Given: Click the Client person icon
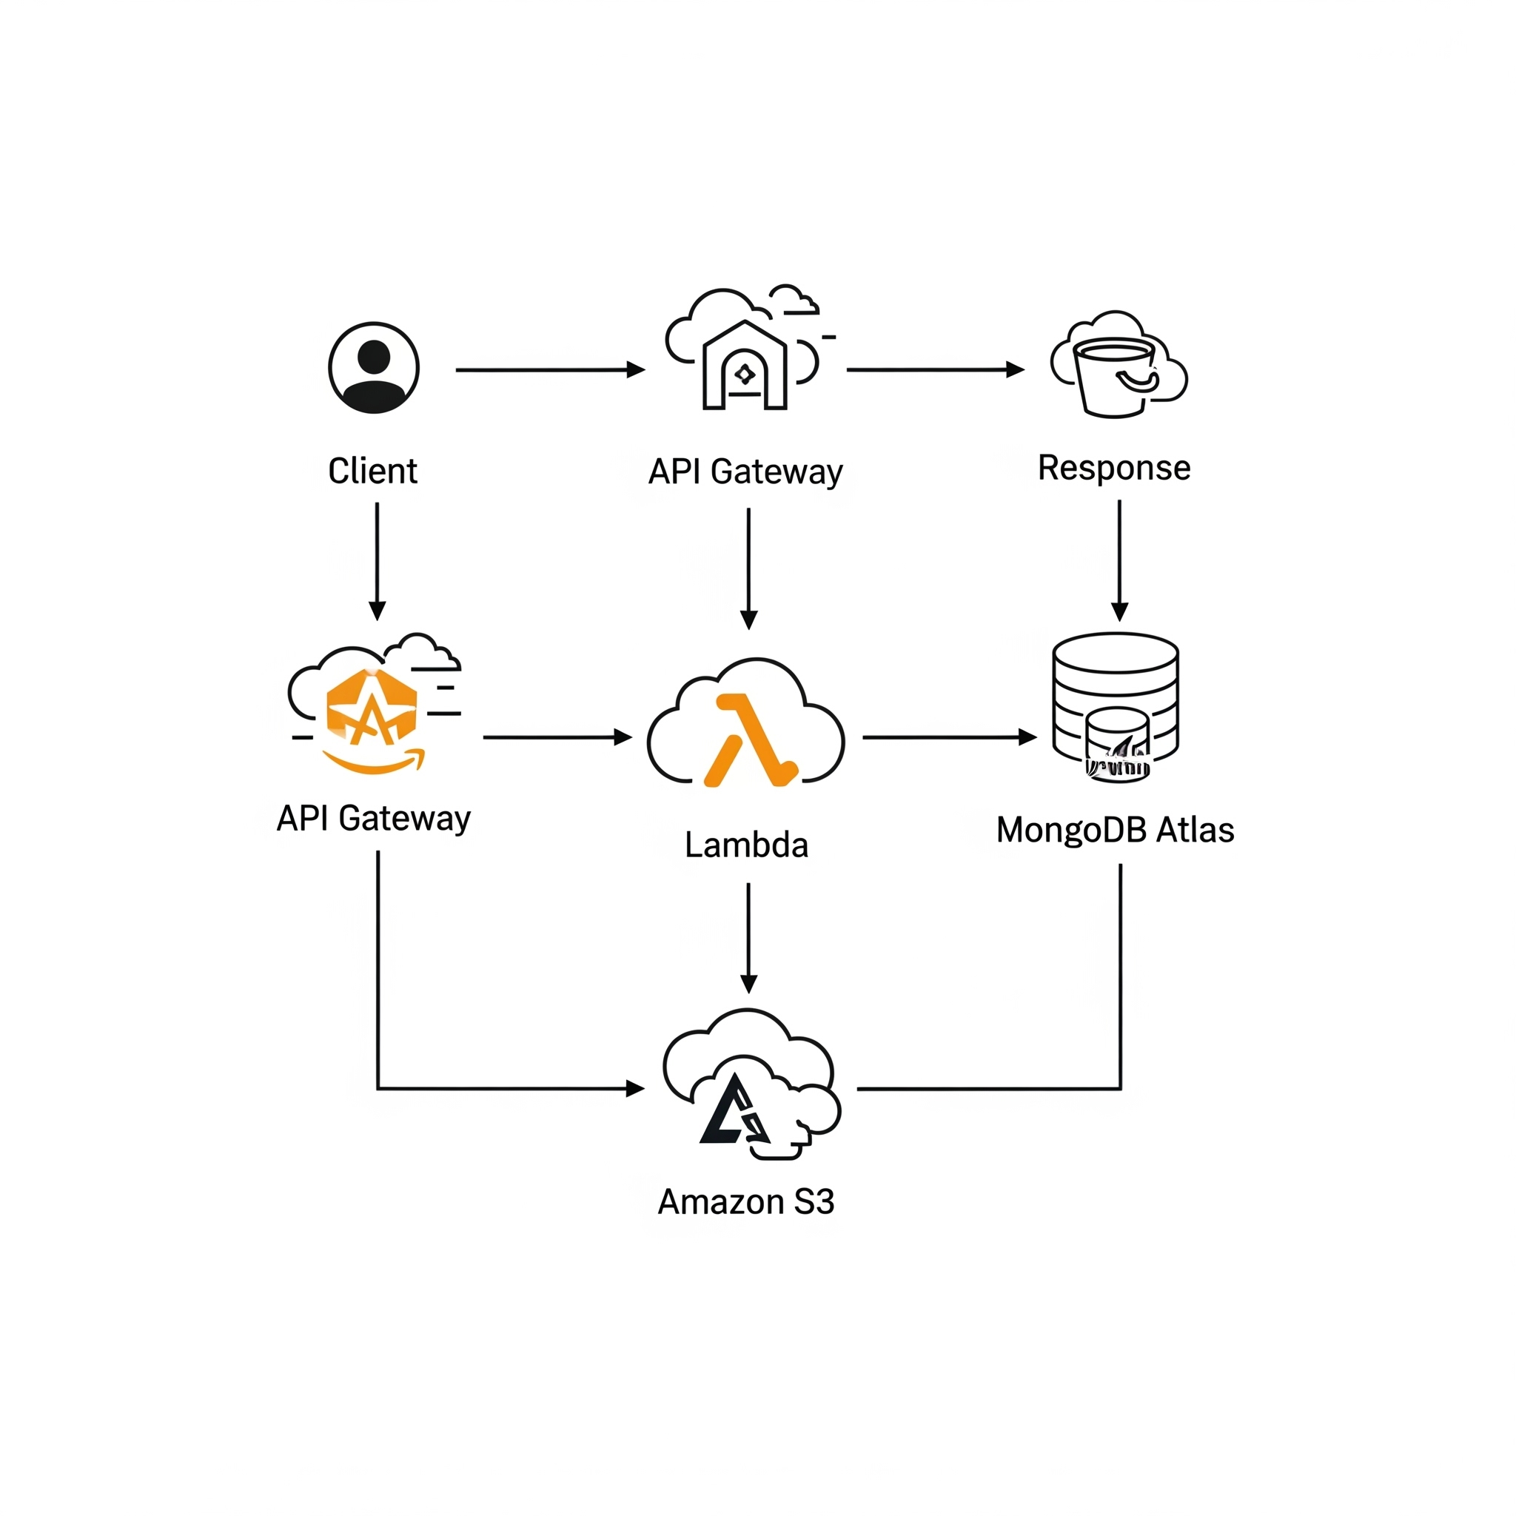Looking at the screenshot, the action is pyautogui.click(x=374, y=367).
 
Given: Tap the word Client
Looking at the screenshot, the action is pyautogui.click(x=373, y=471).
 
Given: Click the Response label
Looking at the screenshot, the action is pyautogui.click(x=1114, y=469).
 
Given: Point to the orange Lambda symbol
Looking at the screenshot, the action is pyautogui.click(x=750, y=740).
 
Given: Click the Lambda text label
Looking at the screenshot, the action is pyautogui.click(x=746, y=845).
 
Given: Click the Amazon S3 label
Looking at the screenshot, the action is pyautogui.click(x=746, y=1201).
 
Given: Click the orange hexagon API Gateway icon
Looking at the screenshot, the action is pyautogui.click(x=371, y=708).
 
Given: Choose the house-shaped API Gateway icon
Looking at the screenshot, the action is pyautogui.click(x=745, y=365).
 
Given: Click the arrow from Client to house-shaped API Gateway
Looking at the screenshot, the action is pyautogui.click(x=550, y=369).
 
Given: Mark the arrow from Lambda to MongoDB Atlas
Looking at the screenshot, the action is pyautogui.click(x=950, y=737).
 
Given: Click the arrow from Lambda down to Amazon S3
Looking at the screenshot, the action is pyautogui.click(x=748, y=938).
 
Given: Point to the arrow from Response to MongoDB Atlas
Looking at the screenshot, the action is pyautogui.click(x=1120, y=561).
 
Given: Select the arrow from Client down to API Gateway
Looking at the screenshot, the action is pyautogui.click(x=378, y=562).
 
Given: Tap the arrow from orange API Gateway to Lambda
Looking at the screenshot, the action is pyautogui.click(x=558, y=737).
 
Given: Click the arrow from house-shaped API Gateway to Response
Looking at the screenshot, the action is pyautogui.click(x=936, y=369).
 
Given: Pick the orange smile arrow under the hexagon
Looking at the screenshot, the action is pyautogui.click(x=375, y=760).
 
